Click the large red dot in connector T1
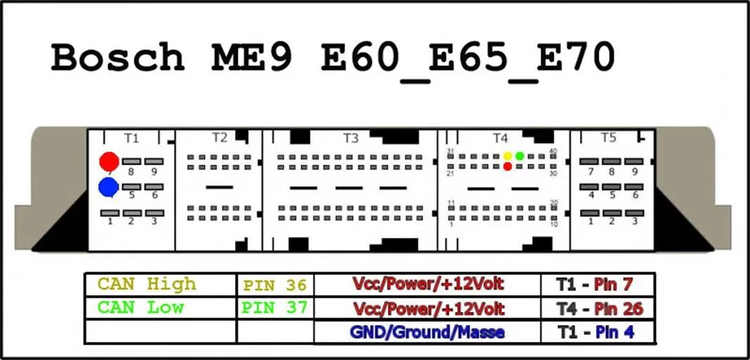click(109, 162)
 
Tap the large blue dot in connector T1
click(108, 187)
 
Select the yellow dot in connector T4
click(507, 155)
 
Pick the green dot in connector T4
click(519, 155)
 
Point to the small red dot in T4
click(507, 167)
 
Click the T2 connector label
click(220, 138)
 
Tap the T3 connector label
click(351, 138)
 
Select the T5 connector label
click(608, 138)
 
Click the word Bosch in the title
click(117, 58)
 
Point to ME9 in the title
click(252, 58)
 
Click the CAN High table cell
click(147, 284)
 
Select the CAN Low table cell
click(141, 307)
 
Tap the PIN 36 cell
click(275, 285)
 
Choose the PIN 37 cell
click(275, 308)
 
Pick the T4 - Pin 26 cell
click(599, 308)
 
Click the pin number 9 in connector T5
click(634, 172)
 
